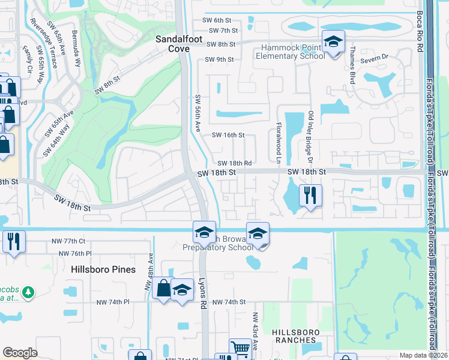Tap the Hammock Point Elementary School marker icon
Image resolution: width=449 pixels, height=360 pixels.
333,42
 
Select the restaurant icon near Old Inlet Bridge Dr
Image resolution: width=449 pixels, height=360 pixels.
310,195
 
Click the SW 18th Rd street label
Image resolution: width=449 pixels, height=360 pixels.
234,163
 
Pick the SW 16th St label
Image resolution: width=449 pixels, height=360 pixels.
228,136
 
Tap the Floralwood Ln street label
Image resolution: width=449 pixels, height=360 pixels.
279,144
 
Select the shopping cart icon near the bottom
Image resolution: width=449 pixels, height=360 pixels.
240,349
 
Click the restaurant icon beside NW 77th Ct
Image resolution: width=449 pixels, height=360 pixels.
13,242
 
